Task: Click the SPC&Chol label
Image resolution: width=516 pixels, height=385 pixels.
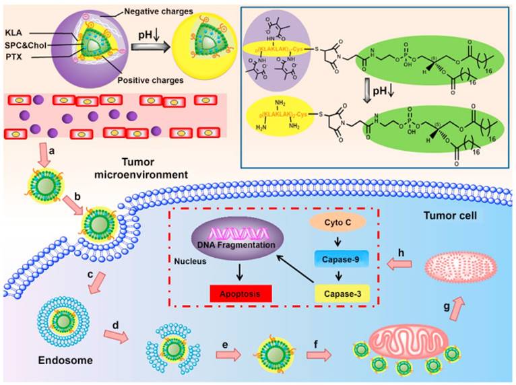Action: pyautogui.click(x=22, y=46)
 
